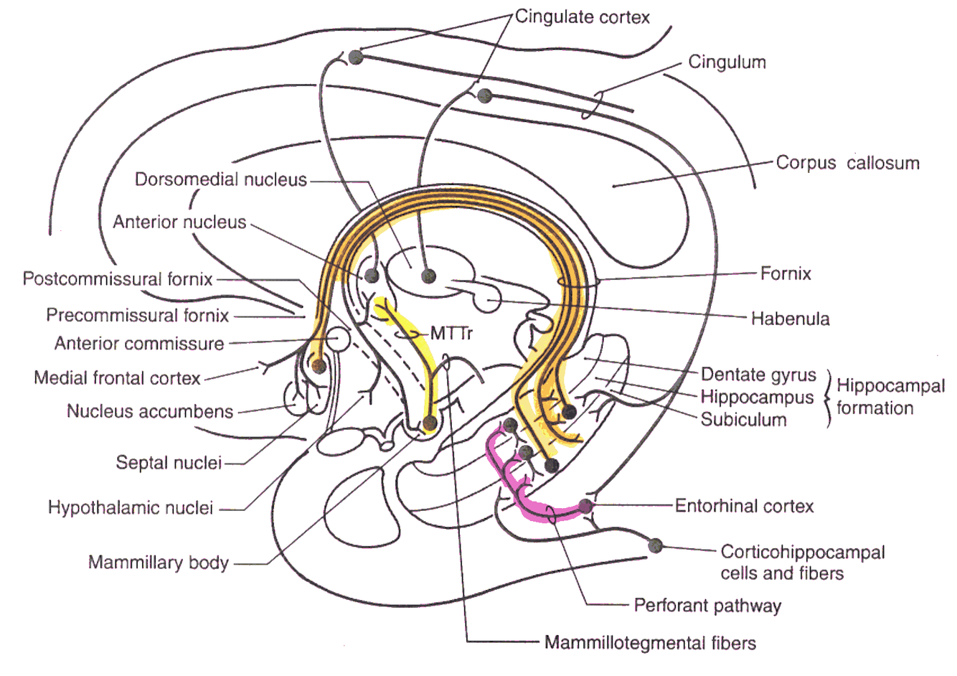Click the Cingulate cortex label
[582, 17]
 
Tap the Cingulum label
[727, 62]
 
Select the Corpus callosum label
[847, 163]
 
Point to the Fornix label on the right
[786, 273]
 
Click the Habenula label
[790, 319]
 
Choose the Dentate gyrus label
[758, 375]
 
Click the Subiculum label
[743, 419]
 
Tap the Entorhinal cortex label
[744, 507]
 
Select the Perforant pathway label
[707, 606]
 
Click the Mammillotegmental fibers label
[650, 642]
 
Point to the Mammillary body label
[158, 562]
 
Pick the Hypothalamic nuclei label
[131, 508]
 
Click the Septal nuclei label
[169, 463]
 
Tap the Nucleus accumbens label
[150, 411]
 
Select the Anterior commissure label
[139, 344]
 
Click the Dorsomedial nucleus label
[221, 179]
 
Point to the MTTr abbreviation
[451, 334]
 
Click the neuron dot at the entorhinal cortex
[586, 505]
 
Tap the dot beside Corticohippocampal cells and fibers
[654, 545]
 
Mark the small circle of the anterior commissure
[337, 337]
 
